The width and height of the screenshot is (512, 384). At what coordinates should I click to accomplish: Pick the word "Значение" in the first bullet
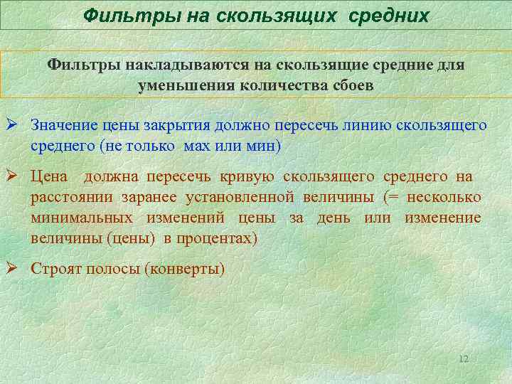pos(60,126)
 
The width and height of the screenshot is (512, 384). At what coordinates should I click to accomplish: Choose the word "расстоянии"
pos(68,197)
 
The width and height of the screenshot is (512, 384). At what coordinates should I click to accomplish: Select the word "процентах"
pos(218,238)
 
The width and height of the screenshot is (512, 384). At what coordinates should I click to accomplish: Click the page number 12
pos(464,358)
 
